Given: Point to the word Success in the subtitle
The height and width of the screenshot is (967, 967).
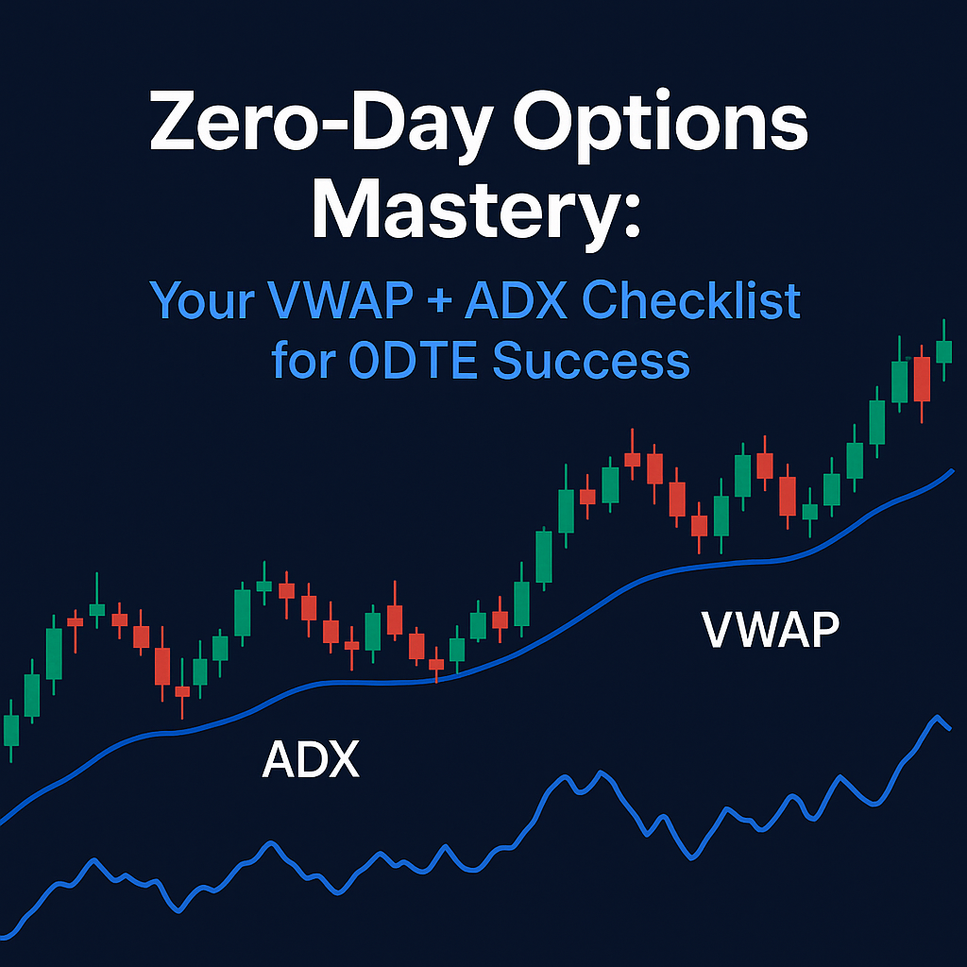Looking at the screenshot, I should click(x=591, y=361).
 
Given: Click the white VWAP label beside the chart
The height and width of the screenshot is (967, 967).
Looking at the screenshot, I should click(x=770, y=631).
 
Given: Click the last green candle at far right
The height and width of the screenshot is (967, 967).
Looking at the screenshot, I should click(x=943, y=350).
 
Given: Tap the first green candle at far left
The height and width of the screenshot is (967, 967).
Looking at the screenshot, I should click(x=11, y=730).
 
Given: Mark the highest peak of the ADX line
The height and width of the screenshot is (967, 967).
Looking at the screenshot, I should click(x=938, y=718).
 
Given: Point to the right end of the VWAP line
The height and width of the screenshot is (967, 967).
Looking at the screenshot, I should click(x=951, y=469).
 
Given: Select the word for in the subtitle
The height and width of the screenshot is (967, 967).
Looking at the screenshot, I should click(x=305, y=361).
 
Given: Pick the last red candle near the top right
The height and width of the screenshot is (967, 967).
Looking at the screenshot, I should click(x=923, y=380).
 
